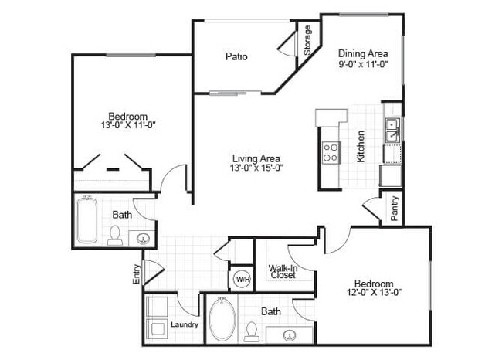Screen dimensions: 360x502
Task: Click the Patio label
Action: [x=236, y=56]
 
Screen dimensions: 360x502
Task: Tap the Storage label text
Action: [x=307, y=40]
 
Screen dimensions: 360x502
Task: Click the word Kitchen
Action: [x=361, y=146]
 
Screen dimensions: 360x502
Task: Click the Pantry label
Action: [x=395, y=209]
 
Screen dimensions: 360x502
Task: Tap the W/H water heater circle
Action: [x=242, y=278]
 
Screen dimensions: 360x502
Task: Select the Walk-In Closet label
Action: [x=283, y=271]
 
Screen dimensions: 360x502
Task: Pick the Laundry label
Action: [x=185, y=324]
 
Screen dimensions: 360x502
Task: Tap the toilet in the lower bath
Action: [x=251, y=331]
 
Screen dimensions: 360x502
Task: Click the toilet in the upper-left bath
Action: [x=115, y=235]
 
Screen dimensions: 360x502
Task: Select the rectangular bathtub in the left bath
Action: [x=86, y=219]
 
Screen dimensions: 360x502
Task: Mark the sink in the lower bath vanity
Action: [x=290, y=335]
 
